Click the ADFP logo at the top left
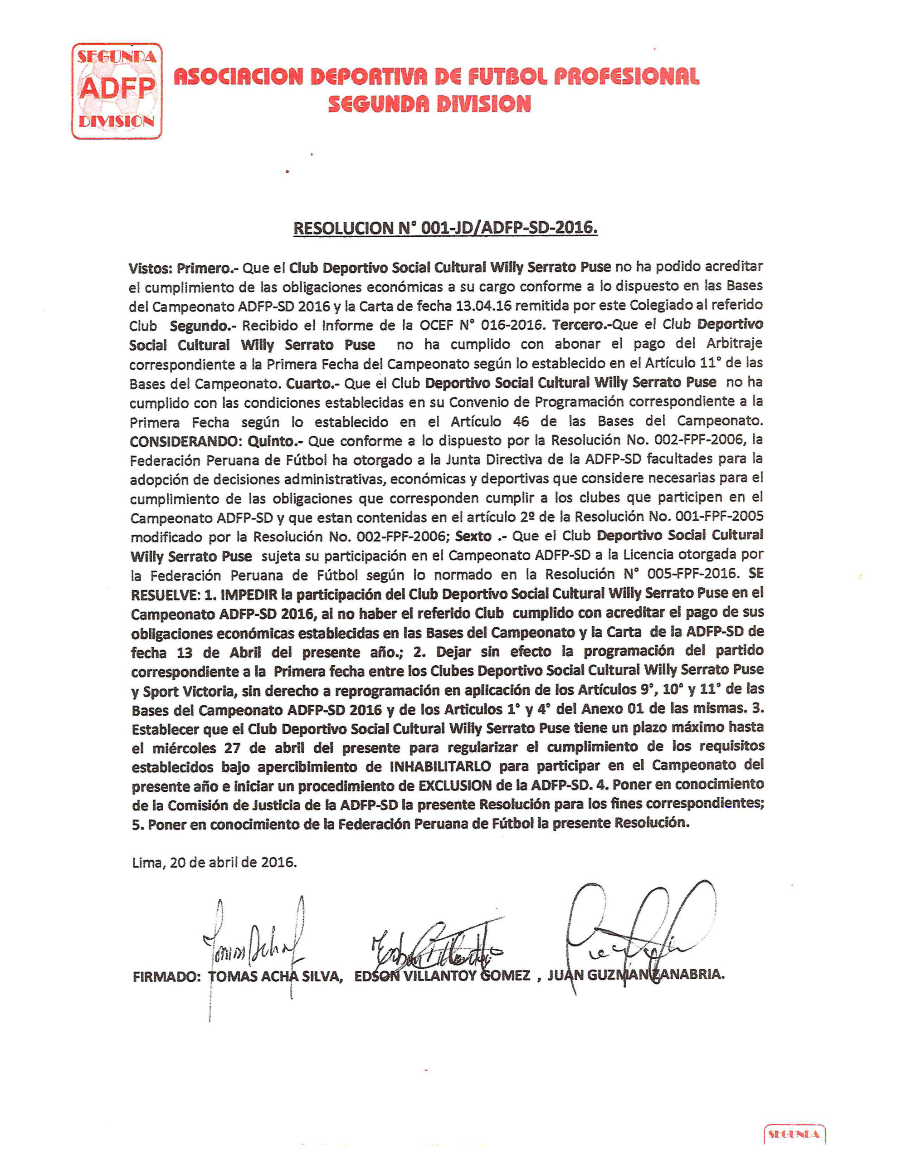click(x=117, y=91)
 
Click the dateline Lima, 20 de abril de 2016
click(x=214, y=863)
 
